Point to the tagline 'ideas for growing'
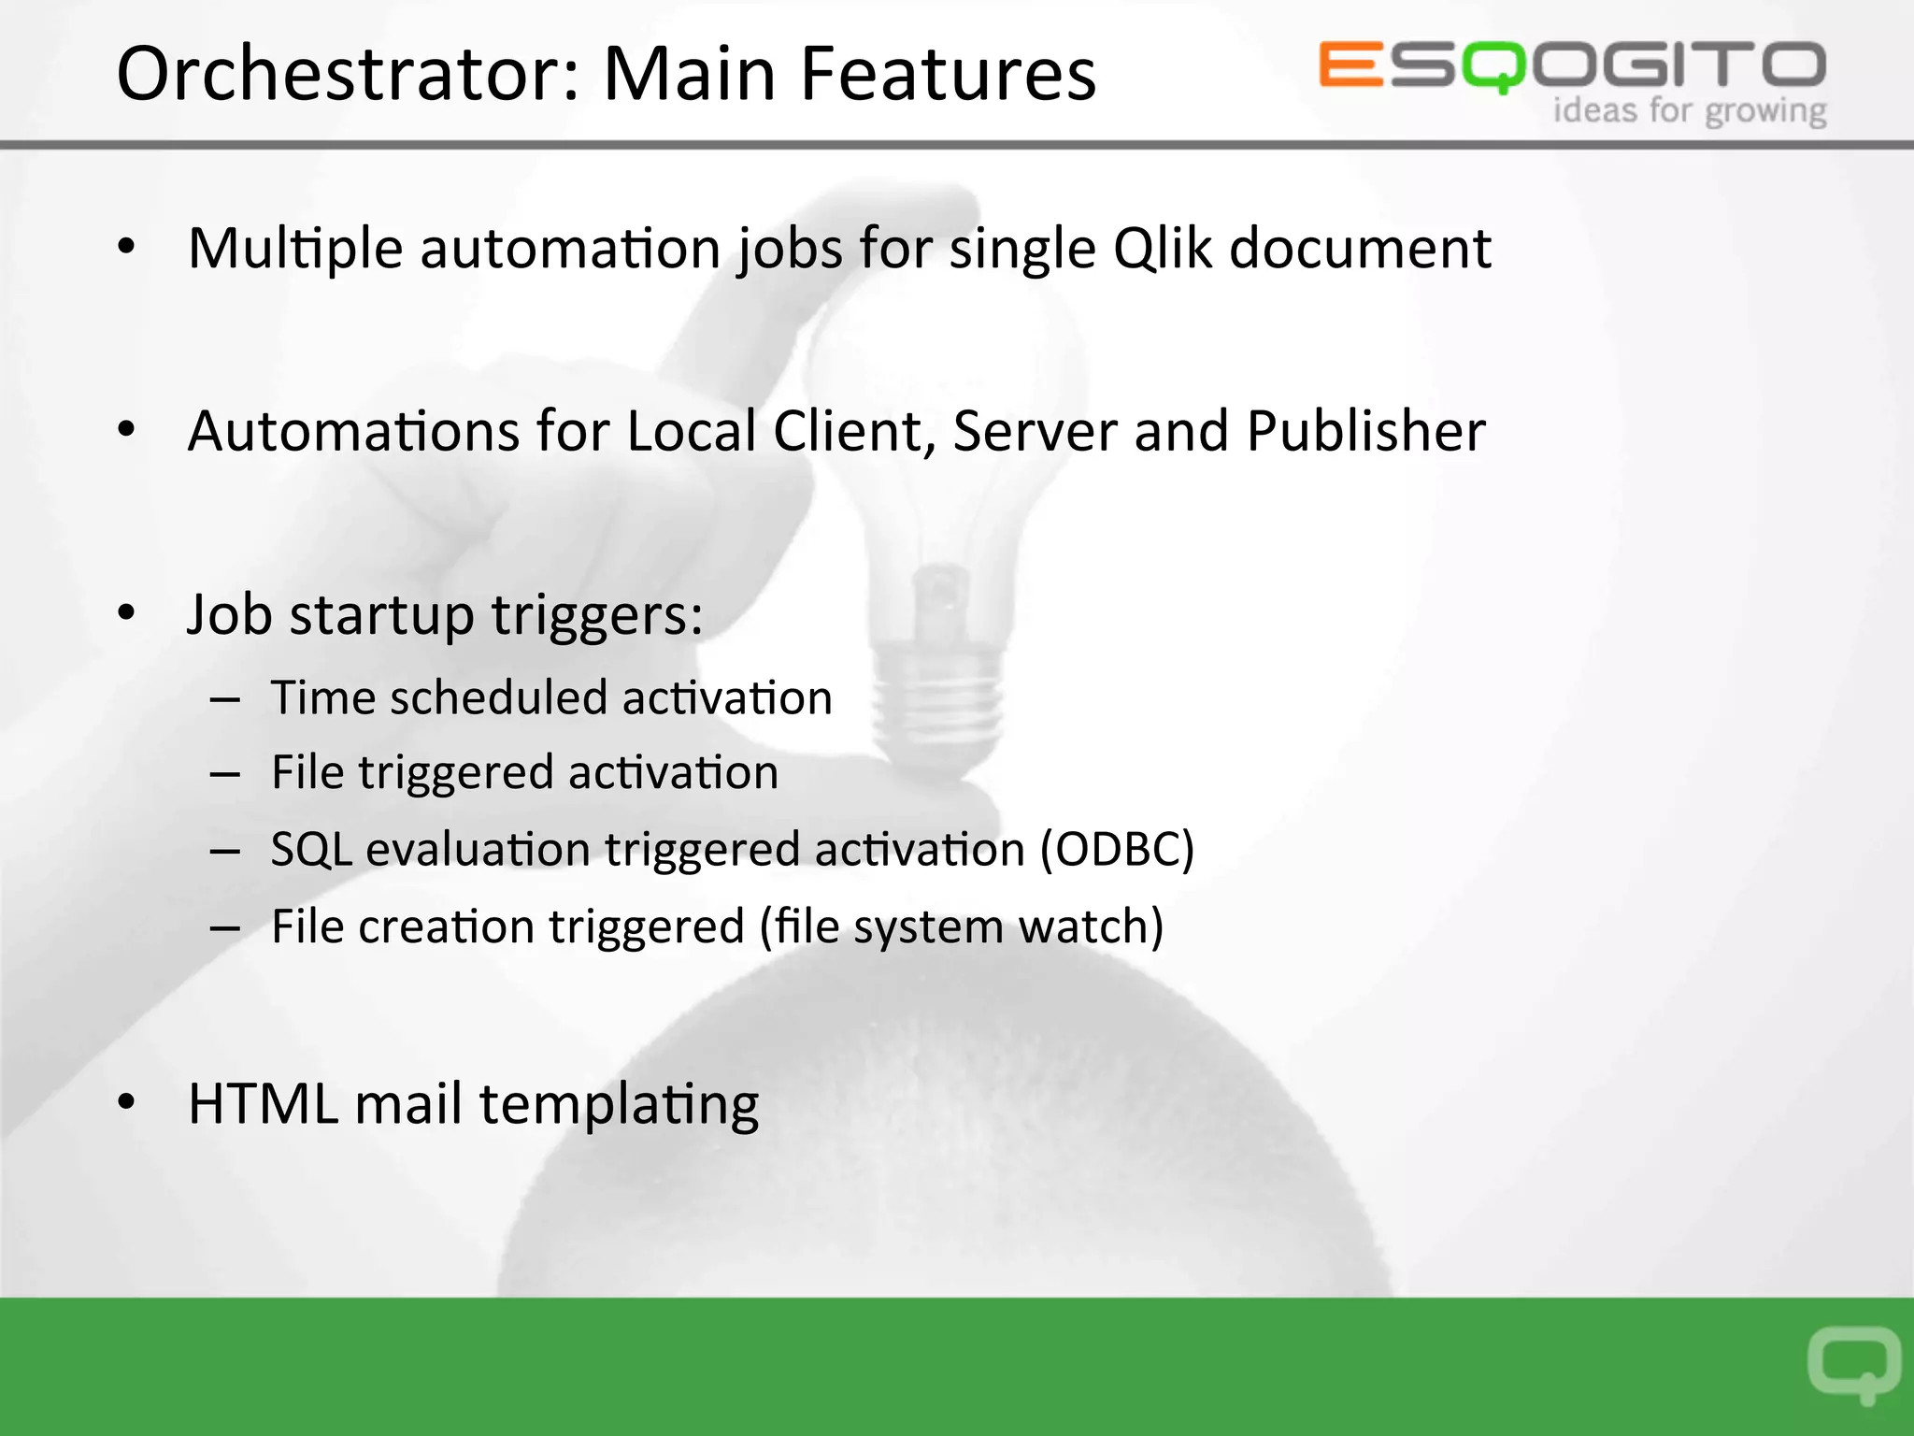point(1690,111)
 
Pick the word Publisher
point(1365,431)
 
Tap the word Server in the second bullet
point(1035,431)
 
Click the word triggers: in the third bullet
point(596,616)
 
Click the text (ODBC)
point(1118,849)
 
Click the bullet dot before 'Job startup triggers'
point(127,613)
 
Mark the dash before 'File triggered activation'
point(225,774)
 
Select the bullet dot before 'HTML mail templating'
point(127,1102)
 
